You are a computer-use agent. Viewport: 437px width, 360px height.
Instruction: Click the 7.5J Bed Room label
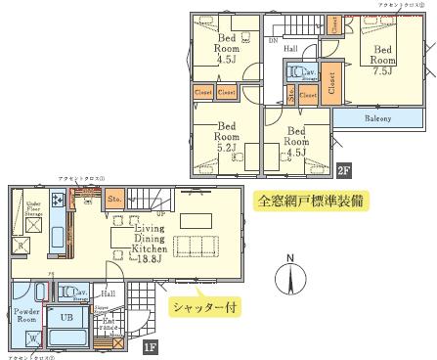[382, 59]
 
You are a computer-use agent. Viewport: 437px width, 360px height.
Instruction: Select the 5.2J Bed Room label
[227, 136]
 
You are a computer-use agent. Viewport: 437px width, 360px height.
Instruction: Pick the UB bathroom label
[68, 319]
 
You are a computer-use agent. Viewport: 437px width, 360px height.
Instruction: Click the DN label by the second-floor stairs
[271, 43]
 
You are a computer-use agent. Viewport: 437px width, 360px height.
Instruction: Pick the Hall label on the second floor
[290, 46]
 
